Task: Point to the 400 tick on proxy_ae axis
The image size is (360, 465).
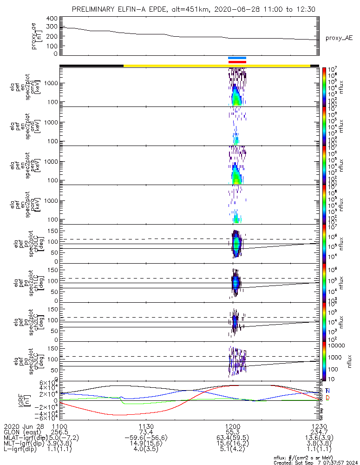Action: point(52,19)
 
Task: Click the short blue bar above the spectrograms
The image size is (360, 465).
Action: point(237,58)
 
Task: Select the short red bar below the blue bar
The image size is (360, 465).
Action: point(237,61)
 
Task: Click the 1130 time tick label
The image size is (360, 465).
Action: point(146,426)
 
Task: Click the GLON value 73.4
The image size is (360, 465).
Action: point(146,432)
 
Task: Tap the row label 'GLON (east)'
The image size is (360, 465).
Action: point(20,432)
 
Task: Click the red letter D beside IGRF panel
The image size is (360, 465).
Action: point(328,398)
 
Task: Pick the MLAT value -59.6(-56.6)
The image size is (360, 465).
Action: point(146,438)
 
